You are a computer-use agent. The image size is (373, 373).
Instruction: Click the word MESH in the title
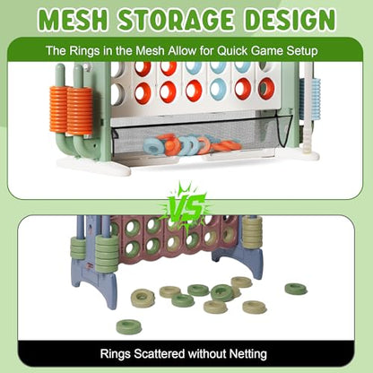point(74,20)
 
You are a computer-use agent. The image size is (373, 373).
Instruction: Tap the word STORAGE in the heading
point(177,20)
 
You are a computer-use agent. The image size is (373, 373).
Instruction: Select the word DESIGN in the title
point(290,20)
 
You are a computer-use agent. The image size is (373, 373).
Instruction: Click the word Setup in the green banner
point(302,51)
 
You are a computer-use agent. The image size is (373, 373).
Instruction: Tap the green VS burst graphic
point(186,206)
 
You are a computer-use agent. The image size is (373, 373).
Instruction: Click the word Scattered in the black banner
point(159,354)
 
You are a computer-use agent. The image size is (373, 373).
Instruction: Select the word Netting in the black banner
point(247,354)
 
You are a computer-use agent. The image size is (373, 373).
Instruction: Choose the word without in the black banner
point(207,353)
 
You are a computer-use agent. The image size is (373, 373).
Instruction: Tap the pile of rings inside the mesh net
point(192,145)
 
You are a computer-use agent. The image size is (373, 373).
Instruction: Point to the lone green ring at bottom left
point(129,326)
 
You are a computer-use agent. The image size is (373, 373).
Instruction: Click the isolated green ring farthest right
point(296,289)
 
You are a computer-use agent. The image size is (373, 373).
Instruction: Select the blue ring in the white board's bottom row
point(218,90)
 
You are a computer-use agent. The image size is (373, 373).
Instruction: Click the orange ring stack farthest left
point(57,109)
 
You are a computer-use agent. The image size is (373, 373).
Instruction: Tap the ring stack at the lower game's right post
point(253,232)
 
